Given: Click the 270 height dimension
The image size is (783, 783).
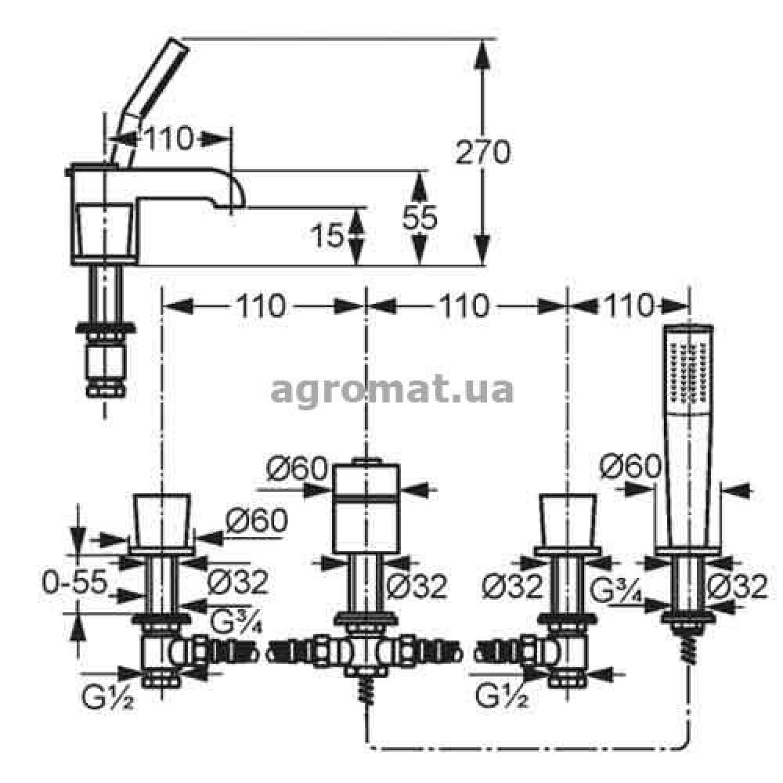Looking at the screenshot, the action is pyautogui.click(x=483, y=152).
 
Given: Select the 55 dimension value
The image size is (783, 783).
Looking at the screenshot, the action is pyautogui.click(x=420, y=218).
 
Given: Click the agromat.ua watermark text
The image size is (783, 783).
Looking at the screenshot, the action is pyautogui.click(x=392, y=391).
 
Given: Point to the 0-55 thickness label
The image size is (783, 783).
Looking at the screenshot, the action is pyautogui.click(x=75, y=582).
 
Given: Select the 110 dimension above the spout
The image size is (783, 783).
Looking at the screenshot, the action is pyautogui.click(x=168, y=139).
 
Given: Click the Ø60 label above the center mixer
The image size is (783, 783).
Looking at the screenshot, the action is pyautogui.click(x=297, y=468).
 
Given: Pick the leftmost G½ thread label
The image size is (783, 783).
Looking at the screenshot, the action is pyautogui.click(x=108, y=698).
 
